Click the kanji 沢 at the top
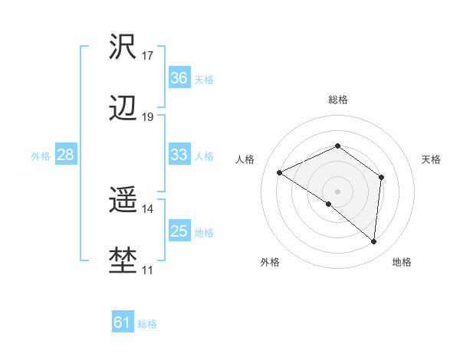point(123,47)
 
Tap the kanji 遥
point(123,200)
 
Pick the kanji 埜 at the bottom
point(123,260)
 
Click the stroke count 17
point(148,56)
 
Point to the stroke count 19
point(148,117)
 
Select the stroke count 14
point(148,208)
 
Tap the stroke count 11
point(148,270)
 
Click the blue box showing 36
point(179,78)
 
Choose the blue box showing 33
point(179,155)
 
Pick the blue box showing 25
point(179,231)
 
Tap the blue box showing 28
point(66,155)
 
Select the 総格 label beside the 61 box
point(148,324)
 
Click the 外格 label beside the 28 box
point(41,156)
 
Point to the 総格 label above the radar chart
point(338,100)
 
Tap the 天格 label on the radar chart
point(432,159)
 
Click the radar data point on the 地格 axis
point(374,242)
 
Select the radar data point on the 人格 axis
point(280,173)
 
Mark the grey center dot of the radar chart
point(337,191)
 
